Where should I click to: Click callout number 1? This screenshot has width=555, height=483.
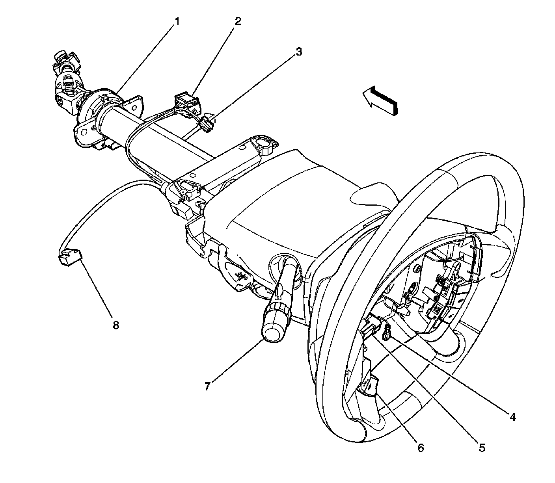click(177, 22)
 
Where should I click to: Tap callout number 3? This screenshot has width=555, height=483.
click(299, 51)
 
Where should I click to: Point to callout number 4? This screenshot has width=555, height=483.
click(512, 416)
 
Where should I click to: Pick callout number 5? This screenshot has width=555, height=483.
click(482, 448)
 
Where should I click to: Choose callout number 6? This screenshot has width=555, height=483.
click(420, 448)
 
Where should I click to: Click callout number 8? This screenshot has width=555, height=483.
click(115, 325)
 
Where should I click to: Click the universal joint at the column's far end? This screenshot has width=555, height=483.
click(67, 83)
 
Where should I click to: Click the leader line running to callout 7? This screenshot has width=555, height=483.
click(237, 363)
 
